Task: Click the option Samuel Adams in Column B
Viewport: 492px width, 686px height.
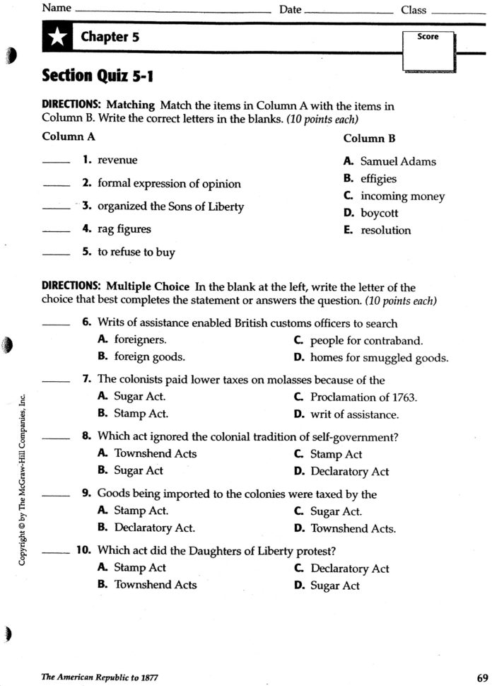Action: pos(398,161)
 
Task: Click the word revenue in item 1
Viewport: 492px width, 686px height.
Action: pos(117,161)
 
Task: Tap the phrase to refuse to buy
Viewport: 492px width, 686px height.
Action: pos(136,252)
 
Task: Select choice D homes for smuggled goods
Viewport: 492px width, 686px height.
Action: pos(379,358)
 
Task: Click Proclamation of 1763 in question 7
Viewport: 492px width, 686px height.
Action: pos(363,397)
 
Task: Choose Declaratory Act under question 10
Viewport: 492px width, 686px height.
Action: pos(349,569)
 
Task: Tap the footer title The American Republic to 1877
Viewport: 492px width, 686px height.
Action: pos(100,678)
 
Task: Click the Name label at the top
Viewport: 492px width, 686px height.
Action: pos(57,9)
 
